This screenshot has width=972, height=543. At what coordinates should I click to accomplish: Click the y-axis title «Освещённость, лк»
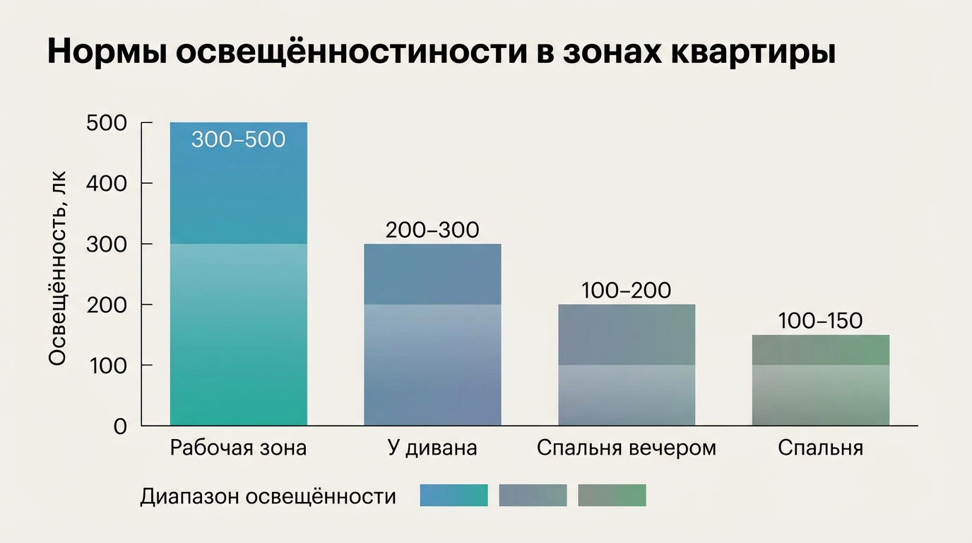coord(58,274)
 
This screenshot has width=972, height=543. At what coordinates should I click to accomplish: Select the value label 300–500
coord(238,139)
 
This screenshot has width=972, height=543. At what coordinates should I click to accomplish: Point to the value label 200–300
coord(432,230)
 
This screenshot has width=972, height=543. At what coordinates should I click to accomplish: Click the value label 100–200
coord(626,291)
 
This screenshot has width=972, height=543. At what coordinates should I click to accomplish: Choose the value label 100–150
coord(820,321)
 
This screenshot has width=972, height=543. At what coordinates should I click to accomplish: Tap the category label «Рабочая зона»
coord(239,448)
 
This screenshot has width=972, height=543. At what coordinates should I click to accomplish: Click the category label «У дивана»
coord(432,448)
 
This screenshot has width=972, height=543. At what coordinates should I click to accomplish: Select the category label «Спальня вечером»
coord(626,448)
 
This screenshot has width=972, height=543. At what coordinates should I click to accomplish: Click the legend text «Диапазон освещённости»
coord(268,496)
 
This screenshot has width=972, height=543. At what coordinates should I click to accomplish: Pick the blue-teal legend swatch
coord(454,496)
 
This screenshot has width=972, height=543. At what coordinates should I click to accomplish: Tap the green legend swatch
coord(612,496)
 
